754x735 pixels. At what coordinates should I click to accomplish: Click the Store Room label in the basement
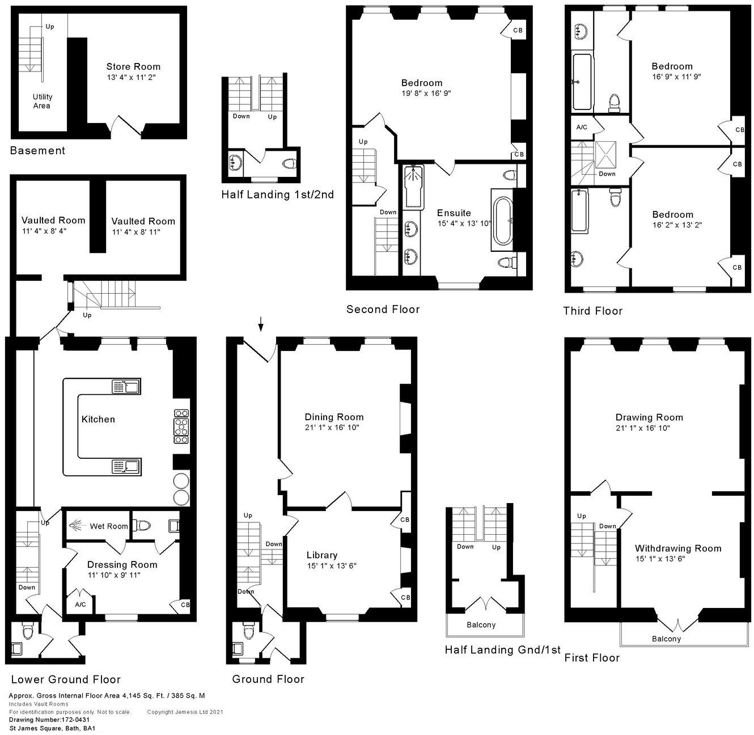coord(133,66)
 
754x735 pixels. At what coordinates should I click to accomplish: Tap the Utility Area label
coord(41,101)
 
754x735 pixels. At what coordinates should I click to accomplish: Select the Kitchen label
coord(98,419)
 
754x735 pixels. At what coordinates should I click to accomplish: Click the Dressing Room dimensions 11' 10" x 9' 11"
coord(113,575)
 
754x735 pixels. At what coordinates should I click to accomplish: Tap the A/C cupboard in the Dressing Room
coord(80,605)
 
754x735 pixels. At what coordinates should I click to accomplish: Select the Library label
coord(321,555)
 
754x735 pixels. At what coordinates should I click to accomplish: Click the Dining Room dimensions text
coord(332,427)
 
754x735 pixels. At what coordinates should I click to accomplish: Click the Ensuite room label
coord(454,213)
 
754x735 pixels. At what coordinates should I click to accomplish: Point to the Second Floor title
coord(383,309)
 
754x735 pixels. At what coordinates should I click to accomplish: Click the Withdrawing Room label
coord(677,548)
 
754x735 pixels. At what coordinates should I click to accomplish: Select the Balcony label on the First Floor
coord(666,639)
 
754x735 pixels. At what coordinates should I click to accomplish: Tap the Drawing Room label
coord(649,417)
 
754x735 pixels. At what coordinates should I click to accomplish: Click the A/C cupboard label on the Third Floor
coord(582,128)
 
